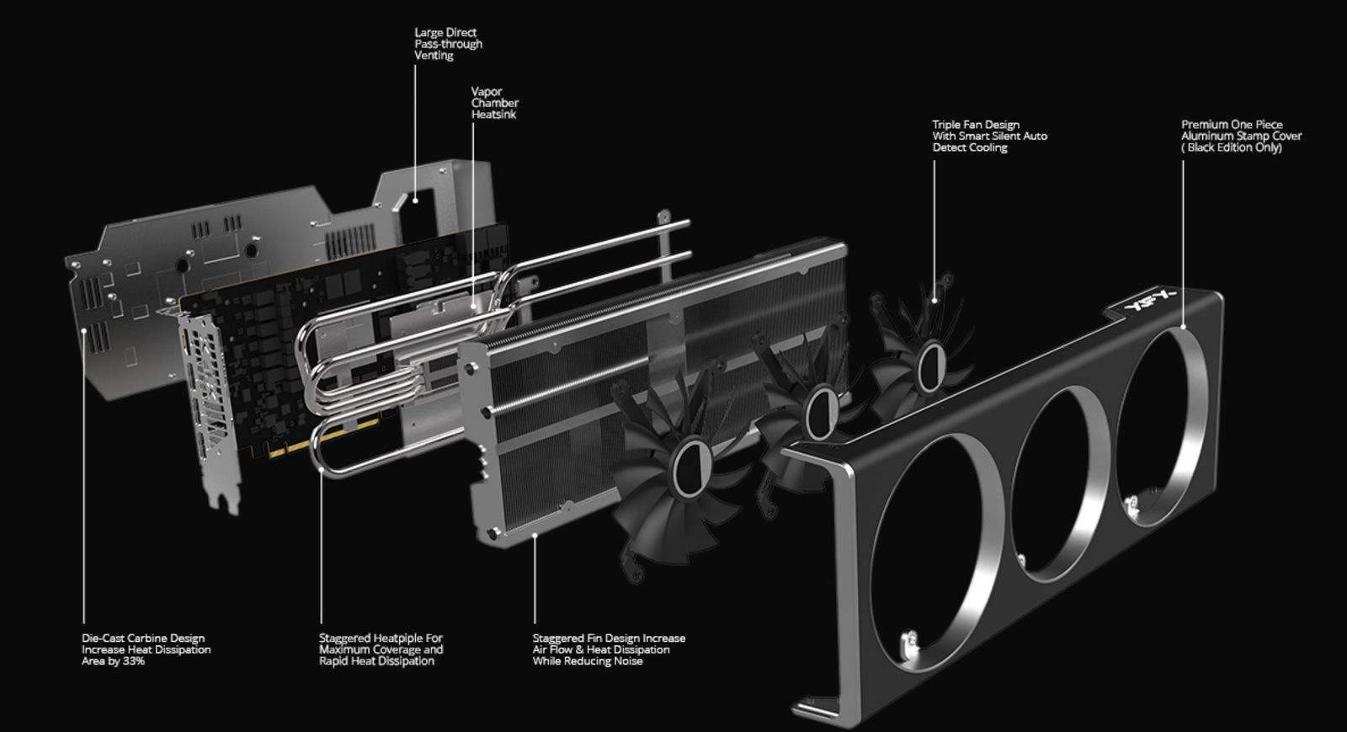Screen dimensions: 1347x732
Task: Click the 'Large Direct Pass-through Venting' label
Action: (448, 44)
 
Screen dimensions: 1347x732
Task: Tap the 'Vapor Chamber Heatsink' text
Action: (494, 103)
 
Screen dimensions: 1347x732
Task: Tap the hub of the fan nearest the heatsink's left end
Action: (691, 468)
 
